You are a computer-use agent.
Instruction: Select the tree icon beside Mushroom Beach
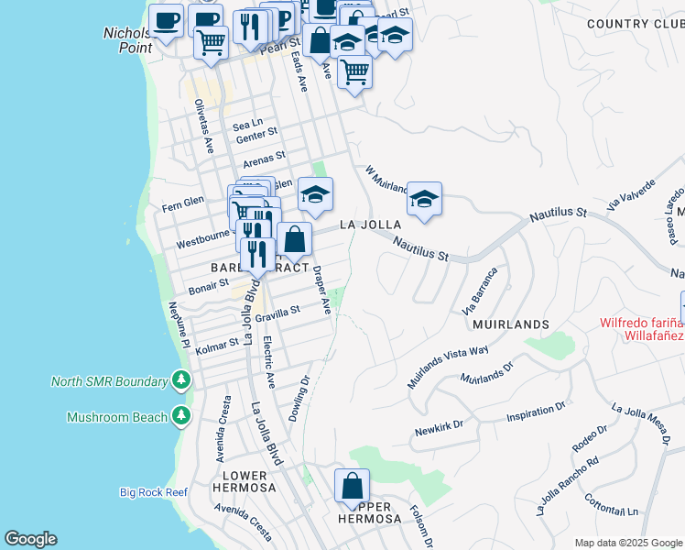[181, 417]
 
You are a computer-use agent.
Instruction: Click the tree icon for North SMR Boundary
[181, 380]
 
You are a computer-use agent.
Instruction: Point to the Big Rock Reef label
[153, 492]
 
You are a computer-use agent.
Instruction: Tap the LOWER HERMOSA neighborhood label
[245, 481]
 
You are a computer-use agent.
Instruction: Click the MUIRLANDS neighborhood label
[510, 324]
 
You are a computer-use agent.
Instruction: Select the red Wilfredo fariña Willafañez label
[641, 328]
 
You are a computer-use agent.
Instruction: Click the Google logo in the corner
[30, 538]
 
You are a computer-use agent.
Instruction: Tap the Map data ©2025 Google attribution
[627, 543]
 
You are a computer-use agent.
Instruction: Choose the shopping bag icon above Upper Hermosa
[352, 488]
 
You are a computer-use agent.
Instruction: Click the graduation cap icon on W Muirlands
[424, 199]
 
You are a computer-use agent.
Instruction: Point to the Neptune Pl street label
[177, 325]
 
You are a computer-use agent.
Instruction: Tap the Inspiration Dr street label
[538, 411]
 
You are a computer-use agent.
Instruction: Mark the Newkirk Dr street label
[440, 426]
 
